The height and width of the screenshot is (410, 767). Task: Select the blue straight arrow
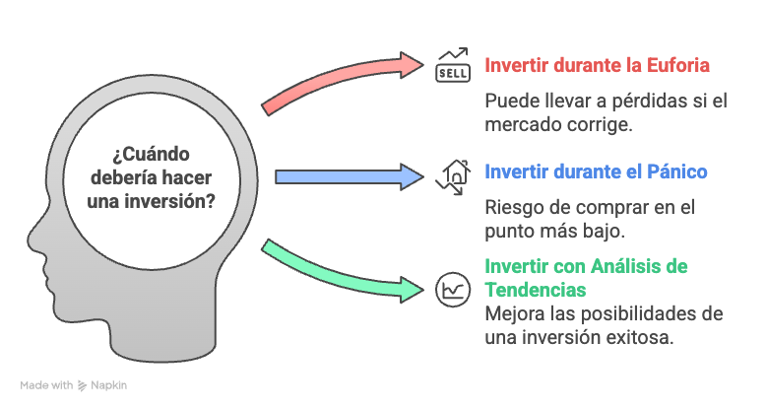coord(350,176)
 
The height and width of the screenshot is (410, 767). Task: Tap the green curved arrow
coord(338,275)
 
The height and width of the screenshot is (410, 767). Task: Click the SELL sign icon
coord(453,65)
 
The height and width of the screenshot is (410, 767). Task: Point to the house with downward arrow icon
coord(453,177)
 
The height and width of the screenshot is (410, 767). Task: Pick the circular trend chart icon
coord(453,290)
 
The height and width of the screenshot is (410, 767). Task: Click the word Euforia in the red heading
coord(678,65)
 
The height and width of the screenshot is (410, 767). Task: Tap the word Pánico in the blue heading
coord(677,171)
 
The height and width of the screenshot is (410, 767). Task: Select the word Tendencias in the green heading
coord(536,290)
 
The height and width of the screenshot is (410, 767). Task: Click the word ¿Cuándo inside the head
coord(151,155)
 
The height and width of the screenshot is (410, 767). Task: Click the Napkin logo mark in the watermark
coord(82,386)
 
